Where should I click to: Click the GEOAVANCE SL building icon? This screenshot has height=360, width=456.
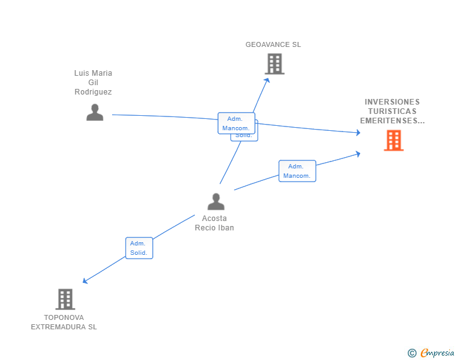coord(274,64)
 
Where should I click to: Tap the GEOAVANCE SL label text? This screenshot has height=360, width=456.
coord(273,44)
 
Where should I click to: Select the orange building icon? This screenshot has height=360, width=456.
coord(393,141)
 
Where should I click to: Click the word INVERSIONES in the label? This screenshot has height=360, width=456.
coord(392,102)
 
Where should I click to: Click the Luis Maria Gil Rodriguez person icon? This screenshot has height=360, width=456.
coord(95,113)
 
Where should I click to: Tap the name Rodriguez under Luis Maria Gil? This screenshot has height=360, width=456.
coord(93,92)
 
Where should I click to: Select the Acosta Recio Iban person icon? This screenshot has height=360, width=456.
coord(215,202)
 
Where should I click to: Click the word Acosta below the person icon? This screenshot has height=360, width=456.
coord(214,219)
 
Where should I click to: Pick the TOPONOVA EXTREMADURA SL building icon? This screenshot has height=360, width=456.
coord(65,299)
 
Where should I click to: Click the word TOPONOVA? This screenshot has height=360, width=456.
coord(64,317)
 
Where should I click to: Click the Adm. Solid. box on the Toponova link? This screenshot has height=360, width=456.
coord(138,248)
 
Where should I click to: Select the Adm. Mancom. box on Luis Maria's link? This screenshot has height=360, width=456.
coord(236,123)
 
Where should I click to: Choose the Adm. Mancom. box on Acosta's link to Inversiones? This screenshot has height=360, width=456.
coord(297,171)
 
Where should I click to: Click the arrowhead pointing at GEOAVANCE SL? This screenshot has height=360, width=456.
coord(267,80)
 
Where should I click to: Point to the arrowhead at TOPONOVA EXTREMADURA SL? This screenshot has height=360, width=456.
coord(85,281)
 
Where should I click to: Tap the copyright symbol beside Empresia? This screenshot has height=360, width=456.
coord(412,353)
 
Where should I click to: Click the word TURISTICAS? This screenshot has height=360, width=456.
coord(392,111)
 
